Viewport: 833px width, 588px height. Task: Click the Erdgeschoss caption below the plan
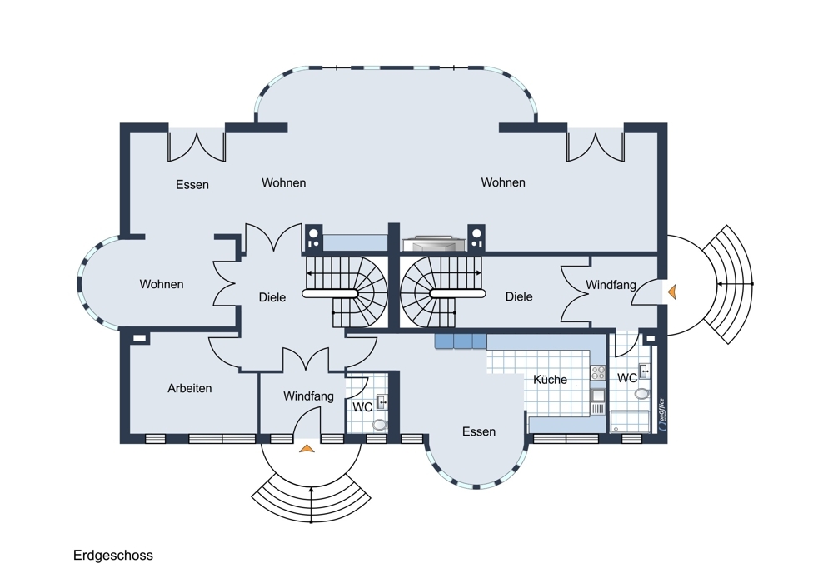click(113, 556)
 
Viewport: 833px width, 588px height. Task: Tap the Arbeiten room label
click(190, 388)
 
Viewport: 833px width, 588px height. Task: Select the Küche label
click(550, 380)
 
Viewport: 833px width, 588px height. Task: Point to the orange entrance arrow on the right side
click(672, 292)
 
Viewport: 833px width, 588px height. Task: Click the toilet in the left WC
click(380, 425)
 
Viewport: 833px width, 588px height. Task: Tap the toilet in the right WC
click(641, 394)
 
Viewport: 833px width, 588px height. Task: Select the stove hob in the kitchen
click(598, 372)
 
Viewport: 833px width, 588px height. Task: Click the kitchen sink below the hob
click(598, 395)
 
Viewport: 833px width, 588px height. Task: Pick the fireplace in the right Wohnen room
click(434, 243)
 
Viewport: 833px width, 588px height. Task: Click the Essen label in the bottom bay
click(479, 431)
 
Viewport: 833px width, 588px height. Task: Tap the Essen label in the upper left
click(192, 185)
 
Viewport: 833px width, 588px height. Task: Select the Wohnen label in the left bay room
click(162, 284)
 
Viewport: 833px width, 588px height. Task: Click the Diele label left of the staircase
click(272, 297)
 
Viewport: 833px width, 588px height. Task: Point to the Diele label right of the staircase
click(518, 297)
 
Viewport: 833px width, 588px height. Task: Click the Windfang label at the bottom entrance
click(308, 396)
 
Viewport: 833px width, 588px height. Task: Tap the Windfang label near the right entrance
click(611, 285)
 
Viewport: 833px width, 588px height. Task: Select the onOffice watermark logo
click(662, 414)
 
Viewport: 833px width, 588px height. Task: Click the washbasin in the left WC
click(382, 402)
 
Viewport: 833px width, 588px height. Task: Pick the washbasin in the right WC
click(644, 371)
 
